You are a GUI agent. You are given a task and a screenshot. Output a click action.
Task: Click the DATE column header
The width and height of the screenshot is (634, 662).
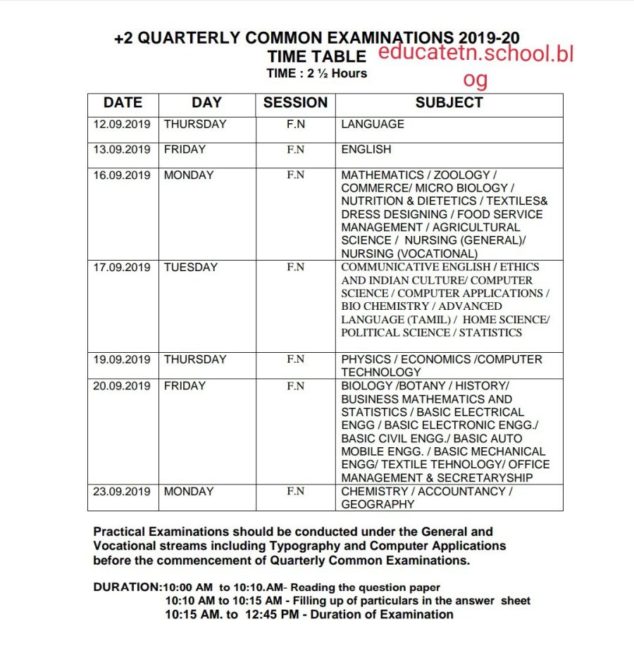(123, 103)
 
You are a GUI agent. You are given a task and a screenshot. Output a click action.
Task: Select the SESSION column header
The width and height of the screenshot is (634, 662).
(295, 103)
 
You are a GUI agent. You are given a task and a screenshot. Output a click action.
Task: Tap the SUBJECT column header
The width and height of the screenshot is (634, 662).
(449, 103)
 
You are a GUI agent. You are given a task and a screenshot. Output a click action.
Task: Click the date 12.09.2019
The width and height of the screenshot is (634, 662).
(122, 125)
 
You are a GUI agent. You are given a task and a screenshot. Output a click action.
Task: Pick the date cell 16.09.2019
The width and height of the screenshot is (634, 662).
(122, 175)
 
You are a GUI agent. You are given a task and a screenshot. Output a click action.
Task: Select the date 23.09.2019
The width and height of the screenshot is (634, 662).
(122, 492)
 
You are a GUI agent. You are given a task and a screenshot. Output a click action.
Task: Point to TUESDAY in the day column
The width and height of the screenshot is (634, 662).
(191, 268)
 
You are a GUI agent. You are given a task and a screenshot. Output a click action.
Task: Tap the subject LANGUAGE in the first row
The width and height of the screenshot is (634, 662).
(372, 125)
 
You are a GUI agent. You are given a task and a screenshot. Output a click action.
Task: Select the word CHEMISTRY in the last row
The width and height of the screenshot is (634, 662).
(374, 492)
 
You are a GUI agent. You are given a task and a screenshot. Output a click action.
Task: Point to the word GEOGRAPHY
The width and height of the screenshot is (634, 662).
(378, 505)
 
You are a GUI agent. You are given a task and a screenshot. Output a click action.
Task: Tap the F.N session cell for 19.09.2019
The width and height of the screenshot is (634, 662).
(295, 360)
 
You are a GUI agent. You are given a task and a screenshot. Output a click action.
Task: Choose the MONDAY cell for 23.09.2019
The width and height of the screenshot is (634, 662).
(188, 492)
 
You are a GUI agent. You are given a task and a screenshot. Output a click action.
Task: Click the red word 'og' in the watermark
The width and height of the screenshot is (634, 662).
(475, 80)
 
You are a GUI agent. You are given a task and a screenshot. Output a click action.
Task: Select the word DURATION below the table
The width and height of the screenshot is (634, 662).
(127, 587)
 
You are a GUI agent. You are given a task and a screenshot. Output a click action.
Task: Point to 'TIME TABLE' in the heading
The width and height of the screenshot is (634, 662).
(316, 56)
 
